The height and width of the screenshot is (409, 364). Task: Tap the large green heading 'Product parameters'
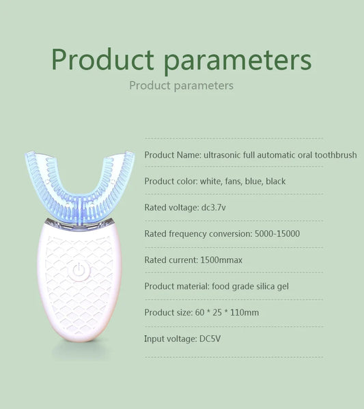coord(182,59)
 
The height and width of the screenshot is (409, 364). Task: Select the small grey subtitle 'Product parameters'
coord(181,85)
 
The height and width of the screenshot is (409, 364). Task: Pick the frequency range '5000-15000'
coord(276,234)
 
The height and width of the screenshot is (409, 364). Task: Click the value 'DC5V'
coord(210,339)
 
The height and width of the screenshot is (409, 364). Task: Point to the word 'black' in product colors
coord(275,181)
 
